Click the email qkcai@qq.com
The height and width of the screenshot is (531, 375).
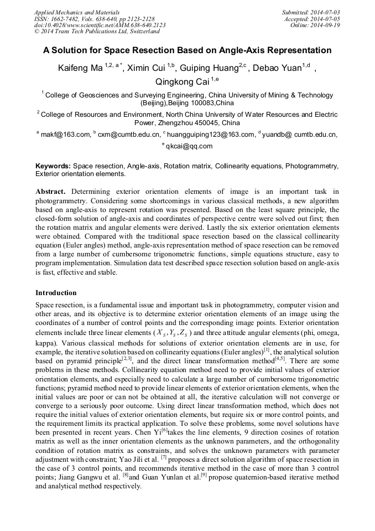(189, 146)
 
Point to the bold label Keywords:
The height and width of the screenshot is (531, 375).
(53, 166)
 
